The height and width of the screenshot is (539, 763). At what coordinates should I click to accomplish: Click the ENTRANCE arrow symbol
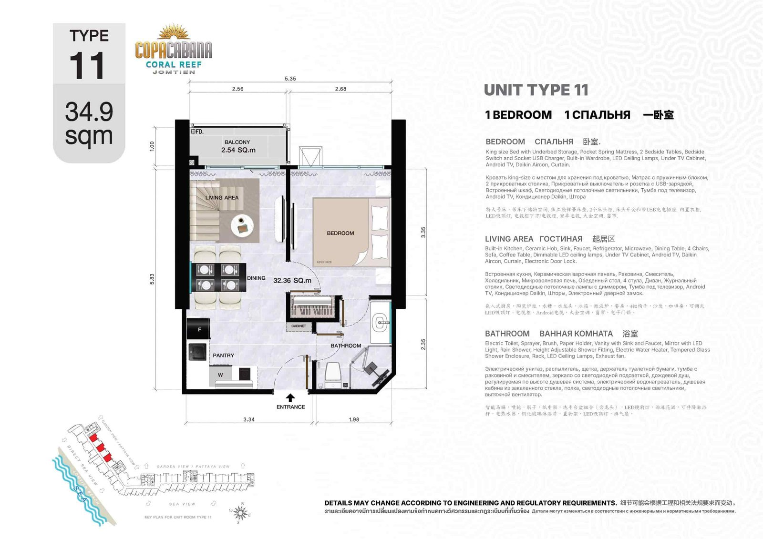pos(290,397)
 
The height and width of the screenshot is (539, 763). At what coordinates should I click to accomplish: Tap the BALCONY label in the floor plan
pos(237,142)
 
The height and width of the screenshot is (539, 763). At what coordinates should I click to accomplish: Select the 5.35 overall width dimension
pos(290,79)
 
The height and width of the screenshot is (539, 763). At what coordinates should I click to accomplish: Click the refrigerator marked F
pos(199,329)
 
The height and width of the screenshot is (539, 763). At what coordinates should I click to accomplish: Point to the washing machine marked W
pos(220,375)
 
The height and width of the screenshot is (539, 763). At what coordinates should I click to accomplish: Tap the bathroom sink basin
pos(381,323)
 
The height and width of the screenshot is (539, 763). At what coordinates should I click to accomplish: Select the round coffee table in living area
pos(242,225)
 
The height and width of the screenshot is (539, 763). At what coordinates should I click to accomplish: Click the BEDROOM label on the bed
pos(340,233)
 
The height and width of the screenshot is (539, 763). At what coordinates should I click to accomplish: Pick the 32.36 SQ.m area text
pos(292,281)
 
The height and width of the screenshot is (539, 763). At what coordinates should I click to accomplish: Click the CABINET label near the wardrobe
pos(299,326)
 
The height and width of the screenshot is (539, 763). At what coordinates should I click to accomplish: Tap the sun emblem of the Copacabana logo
pos(174,32)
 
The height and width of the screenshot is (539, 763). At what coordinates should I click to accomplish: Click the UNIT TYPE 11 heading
pos(536,90)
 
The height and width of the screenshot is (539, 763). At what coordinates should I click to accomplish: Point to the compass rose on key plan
pos(241,513)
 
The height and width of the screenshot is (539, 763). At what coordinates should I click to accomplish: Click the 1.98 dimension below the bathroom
pos(354,419)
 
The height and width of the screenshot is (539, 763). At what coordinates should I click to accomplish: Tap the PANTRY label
pos(223,356)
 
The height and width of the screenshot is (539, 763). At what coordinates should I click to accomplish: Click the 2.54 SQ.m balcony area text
pos(238,150)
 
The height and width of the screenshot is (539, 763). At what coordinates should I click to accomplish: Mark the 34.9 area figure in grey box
pos(89,112)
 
